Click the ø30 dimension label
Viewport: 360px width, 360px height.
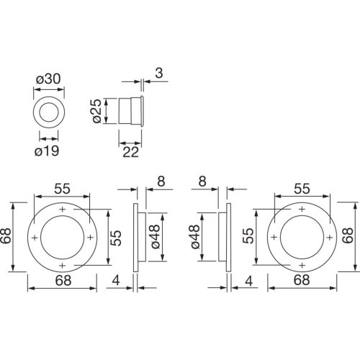[48, 79]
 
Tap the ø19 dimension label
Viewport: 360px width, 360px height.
[47, 151]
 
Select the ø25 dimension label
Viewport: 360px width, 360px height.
[98, 111]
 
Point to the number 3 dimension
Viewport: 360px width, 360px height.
[159, 73]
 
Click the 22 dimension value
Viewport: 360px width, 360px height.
[131, 152]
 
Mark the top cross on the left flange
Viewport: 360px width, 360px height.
[63, 210]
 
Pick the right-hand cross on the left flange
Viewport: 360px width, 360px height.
[90, 238]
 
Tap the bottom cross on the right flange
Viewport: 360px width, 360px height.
[302, 265]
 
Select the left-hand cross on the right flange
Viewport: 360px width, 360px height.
[274, 238]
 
